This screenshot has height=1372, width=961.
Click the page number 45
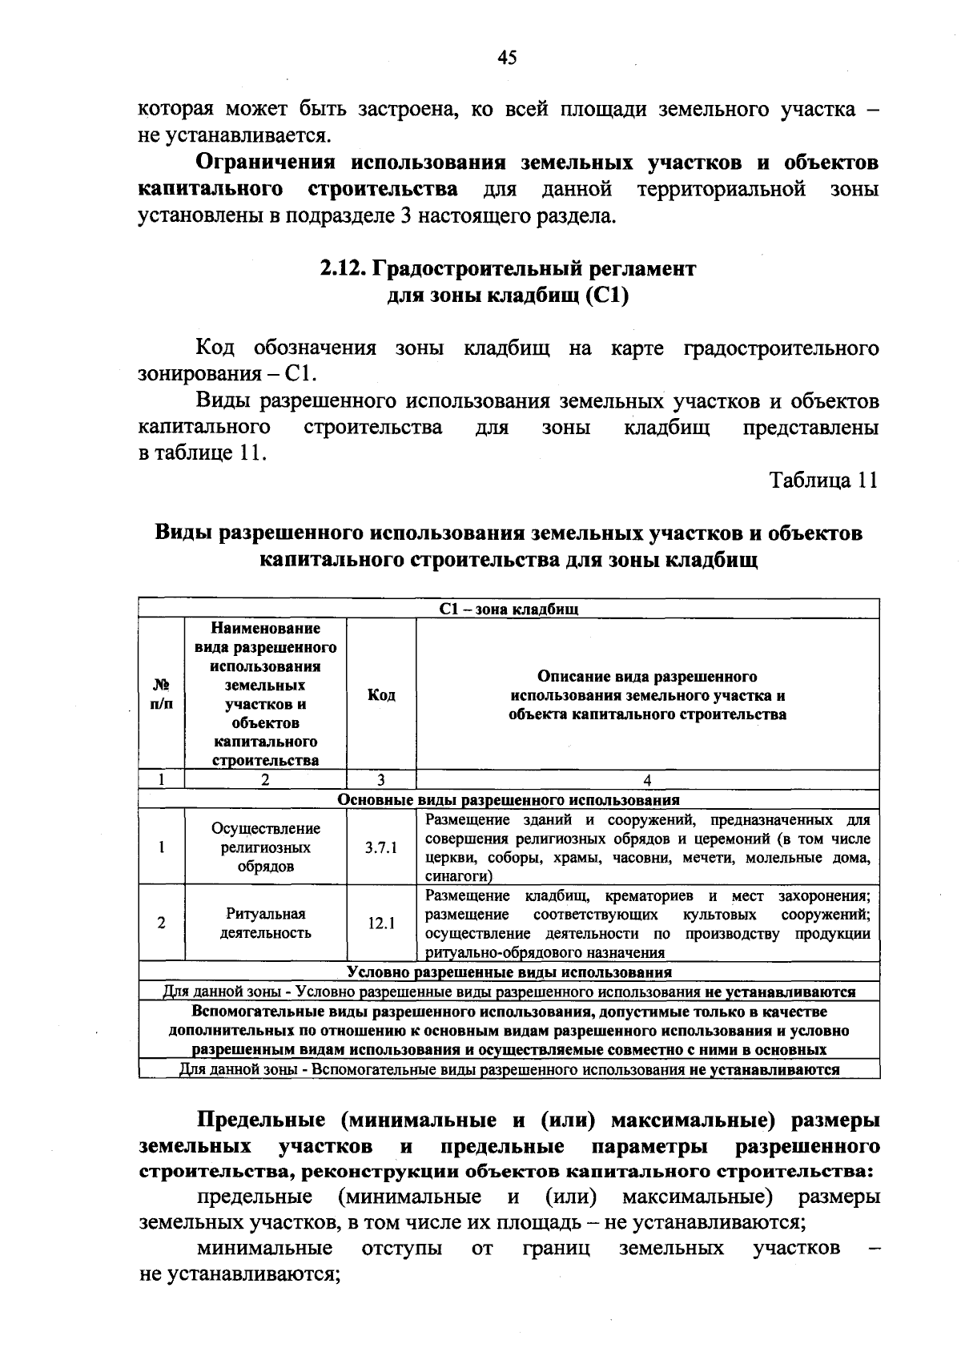[507, 57]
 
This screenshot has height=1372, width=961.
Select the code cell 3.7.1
[381, 847]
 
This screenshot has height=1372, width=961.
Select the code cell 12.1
[381, 923]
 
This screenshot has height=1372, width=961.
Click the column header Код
[381, 695]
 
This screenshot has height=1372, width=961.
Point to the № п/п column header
[161, 695]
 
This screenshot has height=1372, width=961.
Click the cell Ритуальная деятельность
[265, 923]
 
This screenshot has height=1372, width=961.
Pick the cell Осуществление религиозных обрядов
[265, 847]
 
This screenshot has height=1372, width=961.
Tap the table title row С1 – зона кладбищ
[509, 610]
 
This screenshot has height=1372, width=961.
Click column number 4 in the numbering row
[647, 780]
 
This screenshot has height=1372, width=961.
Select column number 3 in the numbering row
[381, 780]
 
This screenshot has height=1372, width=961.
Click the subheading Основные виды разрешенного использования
[509, 799]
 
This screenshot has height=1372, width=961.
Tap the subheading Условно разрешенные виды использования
[509, 972]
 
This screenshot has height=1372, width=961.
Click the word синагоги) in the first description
[453, 877]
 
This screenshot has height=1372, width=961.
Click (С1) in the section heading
[607, 296]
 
